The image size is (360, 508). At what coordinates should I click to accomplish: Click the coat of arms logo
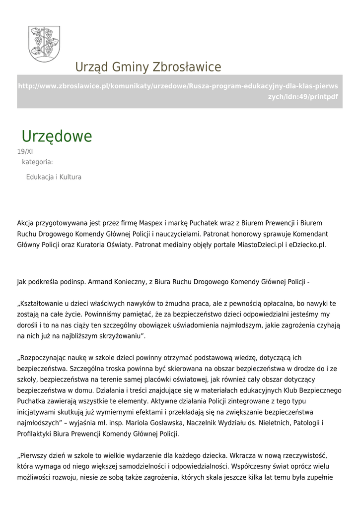[44, 44]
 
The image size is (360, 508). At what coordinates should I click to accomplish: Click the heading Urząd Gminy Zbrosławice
[148, 67]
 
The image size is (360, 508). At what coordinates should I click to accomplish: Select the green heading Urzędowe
[57, 136]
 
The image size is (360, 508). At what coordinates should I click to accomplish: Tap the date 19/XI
[25, 152]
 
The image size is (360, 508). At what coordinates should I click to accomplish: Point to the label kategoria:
[37, 162]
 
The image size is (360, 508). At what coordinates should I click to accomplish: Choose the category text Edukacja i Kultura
[54, 177]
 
